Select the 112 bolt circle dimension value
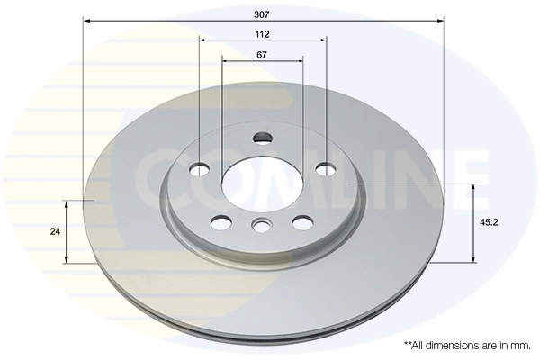click(x=263, y=34)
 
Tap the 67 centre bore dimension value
click(x=263, y=56)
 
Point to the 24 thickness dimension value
click(x=56, y=230)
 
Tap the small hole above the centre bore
click(x=263, y=139)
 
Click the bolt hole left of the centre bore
click(x=200, y=168)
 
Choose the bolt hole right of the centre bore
click(x=325, y=168)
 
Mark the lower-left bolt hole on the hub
click(x=220, y=221)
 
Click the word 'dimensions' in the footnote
click(x=454, y=345)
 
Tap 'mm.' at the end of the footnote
click(x=520, y=345)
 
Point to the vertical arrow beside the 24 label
click(x=66, y=230)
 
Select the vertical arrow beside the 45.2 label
click(x=473, y=222)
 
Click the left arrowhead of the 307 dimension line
click(x=85, y=20)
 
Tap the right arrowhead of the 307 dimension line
click(x=441, y=20)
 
